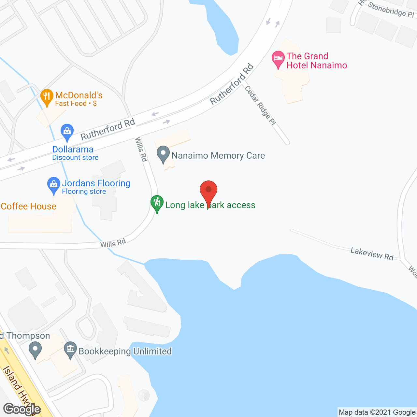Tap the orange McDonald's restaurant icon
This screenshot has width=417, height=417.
point(47,96)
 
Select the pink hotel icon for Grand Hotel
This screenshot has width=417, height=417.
point(278,59)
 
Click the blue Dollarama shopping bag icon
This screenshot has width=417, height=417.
point(67,132)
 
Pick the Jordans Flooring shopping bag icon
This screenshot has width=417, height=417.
point(54,185)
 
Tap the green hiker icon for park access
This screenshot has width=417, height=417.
point(157,203)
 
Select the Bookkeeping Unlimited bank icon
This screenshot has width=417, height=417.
point(70,350)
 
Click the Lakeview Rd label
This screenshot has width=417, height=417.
point(372,253)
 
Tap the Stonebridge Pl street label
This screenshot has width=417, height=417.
point(391,10)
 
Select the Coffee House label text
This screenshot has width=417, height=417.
point(29,206)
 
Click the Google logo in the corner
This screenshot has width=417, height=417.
point(22,409)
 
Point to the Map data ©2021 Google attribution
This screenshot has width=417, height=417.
point(377,412)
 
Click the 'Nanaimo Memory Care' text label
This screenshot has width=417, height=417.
point(218,156)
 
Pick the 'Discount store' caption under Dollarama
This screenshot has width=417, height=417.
point(75,158)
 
